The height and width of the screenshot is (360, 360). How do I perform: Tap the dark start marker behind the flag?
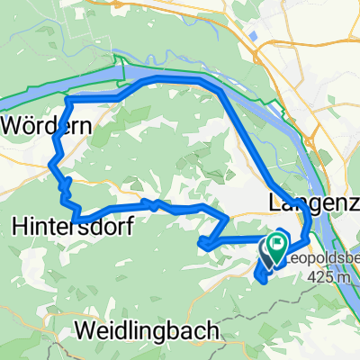[267, 249]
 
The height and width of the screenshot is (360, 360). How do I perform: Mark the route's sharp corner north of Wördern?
[68, 98]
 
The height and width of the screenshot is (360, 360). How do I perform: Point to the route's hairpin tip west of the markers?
[200, 242]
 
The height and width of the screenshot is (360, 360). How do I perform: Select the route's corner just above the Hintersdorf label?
[79, 220]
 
